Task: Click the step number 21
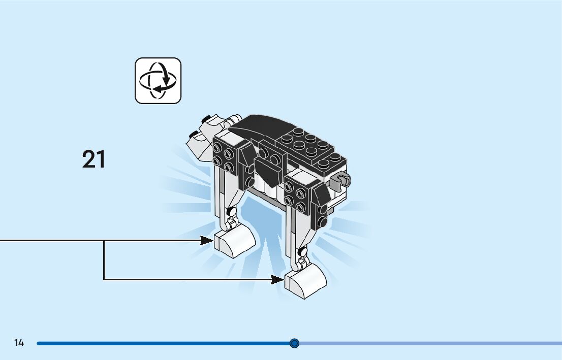pyautogui.click(x=94, y=159)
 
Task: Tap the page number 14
pyautogui.click(x=19, y=343)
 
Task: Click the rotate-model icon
pyautogui.click(x=158, y=81)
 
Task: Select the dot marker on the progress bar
pyautogui.click(x=294, y=343)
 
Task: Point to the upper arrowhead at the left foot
pyautogui.click(x=207, y=240)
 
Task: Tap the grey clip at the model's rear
pyautogui.click(x=340, y=180)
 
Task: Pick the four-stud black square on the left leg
pyautogui.click(x=224, y=156)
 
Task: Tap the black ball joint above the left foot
pyautogui.click(x=232, y=212)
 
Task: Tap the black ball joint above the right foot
pyautogui.click(x=303, y=251)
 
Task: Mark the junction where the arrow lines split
pyautogui.click(x=104, y=240)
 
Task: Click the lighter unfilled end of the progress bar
pyautogui.click(x=432, y=343)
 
